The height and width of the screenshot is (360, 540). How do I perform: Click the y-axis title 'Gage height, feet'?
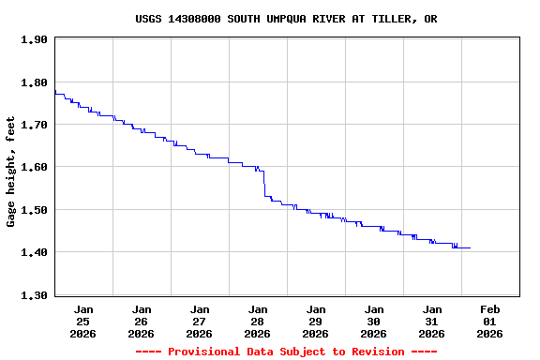pyautogui.click(x=11, y=172)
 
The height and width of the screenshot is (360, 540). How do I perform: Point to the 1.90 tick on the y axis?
pyautogui.click(x=34, y=39)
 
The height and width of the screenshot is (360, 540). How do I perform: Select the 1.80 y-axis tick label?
pyautogui.click(x=34, y=82)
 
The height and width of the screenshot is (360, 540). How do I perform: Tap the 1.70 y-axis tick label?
pyautogui.click(x=34, y=125)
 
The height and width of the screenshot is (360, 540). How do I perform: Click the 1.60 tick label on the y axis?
pyautogui.click(x=34, y=167)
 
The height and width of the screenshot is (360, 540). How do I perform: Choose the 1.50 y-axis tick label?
pyautogui.click(x=34, y=210)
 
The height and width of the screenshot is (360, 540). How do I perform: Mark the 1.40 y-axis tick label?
pyautogui.click(x=34, y=252)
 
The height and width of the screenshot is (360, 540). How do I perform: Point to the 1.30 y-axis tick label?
pyautogui.click(x=34, y=295)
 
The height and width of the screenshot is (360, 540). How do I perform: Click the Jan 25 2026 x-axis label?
pyautogui.click(x=83, y=321)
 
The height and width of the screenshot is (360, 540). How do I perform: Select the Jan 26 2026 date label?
pyautogui.click(x=142, y=321)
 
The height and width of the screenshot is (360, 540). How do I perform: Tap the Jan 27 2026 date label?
pyautogui.click(x=200, y=321)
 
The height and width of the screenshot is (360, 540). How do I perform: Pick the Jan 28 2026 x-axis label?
pyautogui.click(x=258, y=321)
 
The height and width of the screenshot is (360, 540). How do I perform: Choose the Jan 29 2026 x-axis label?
pyautogui.click(x=316, y=321)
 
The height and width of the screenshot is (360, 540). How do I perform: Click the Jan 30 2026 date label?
pyautogui.click(x=374, y=321)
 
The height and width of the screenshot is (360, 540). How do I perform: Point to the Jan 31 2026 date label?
pyautogui.click(x=432, y=321)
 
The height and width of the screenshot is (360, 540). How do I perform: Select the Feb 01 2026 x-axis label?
pyautogui.click(x=490, y=321)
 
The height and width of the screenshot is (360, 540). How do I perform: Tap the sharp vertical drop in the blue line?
pyautogui.click(x=264, y=184)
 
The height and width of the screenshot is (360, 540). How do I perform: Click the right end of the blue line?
pyautogui.click(x=470, y=247)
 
